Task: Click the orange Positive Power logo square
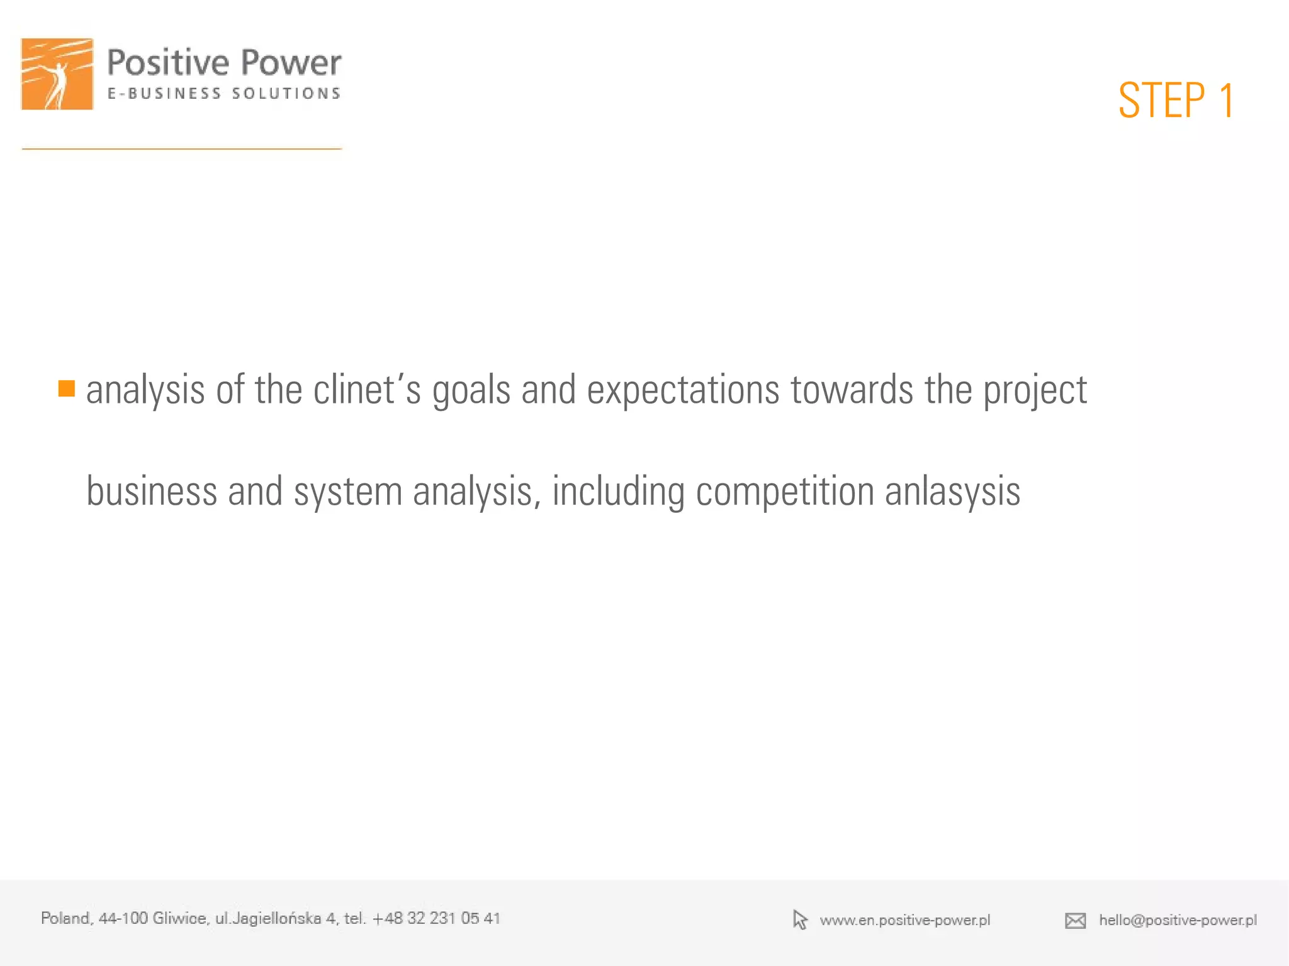pos(57,74)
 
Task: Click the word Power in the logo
pos(291,63)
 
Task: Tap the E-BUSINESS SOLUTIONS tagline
pos(224,94)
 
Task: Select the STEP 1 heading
pos(1176,101)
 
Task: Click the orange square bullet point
pos(67,388)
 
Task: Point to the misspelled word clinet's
pos(366,390)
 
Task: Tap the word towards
pos(852,390)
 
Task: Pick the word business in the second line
pos(151,491)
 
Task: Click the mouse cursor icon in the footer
pos(799,919)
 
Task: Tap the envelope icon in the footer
pos(1075,921)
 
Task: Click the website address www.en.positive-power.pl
pos(904,920)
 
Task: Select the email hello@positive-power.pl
pos(1178,920)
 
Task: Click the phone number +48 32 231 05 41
pos(436,918)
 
